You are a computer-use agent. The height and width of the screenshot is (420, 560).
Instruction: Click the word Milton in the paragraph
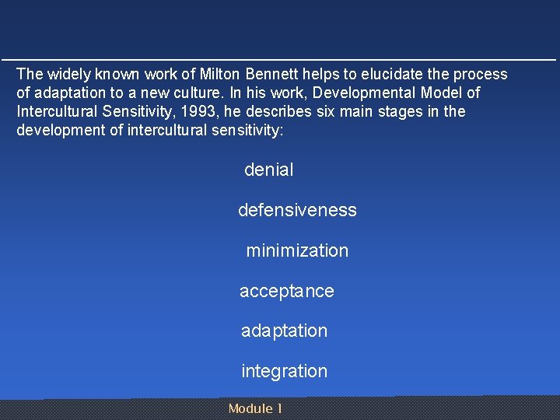coord(220,75)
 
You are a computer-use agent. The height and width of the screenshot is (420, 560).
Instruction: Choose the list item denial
coord(269,170)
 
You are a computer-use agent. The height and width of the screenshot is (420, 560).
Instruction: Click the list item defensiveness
coord(297,211)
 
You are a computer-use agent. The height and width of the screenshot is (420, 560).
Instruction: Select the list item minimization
coord(297,251)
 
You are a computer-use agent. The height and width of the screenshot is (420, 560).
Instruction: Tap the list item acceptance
coord(287,292)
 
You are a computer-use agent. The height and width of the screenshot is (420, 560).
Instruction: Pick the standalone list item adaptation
coord(285,331)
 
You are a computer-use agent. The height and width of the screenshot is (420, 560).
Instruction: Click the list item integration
coord(285,372)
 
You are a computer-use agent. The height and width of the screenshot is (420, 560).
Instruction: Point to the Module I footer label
coord(255,409)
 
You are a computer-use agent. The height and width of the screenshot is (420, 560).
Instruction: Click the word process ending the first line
coord(482,75)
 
